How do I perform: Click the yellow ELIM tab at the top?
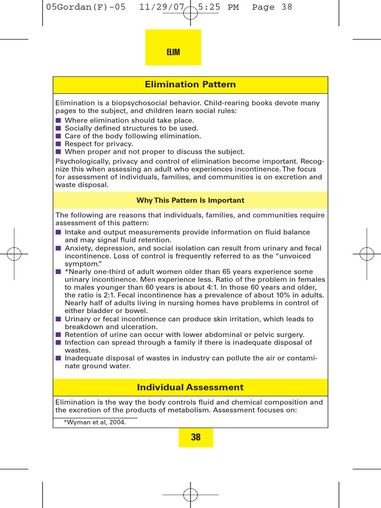coord(173,52)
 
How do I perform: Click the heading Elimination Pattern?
coord(190,85)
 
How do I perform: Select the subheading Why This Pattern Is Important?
coord(190,200)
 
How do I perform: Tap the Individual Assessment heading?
coord(190,387)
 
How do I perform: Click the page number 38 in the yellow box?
coord(195,437)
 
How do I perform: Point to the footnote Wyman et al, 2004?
coord(95,422)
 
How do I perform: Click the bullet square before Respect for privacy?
coord(58,144)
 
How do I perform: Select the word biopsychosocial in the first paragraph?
coord(126,103)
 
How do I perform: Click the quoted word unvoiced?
coord(293,256)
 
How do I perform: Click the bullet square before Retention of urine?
coord(58,334)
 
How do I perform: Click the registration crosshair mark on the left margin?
coord(14,254)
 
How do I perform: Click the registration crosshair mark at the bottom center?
coord(190,494)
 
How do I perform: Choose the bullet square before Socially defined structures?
coord(58,128)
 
